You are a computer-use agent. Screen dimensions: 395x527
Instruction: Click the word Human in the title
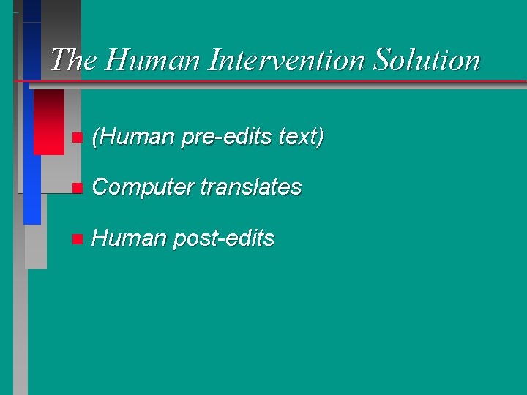tap(152, 60)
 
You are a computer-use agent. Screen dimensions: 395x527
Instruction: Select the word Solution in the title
tap(426, 60)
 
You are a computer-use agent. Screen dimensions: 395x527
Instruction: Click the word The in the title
tap(74, 60)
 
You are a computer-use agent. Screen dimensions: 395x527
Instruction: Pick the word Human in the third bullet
tap(130, 238)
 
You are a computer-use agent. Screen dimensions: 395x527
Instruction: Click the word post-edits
tap(223, 238)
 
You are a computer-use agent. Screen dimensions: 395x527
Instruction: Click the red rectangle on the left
tap(49, 121)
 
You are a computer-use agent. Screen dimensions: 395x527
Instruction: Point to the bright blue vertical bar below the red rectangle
tap(32, 190)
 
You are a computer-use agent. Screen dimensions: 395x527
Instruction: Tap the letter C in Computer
tap(101, 187)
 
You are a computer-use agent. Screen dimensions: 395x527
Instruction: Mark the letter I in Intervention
tap(214, 60)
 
